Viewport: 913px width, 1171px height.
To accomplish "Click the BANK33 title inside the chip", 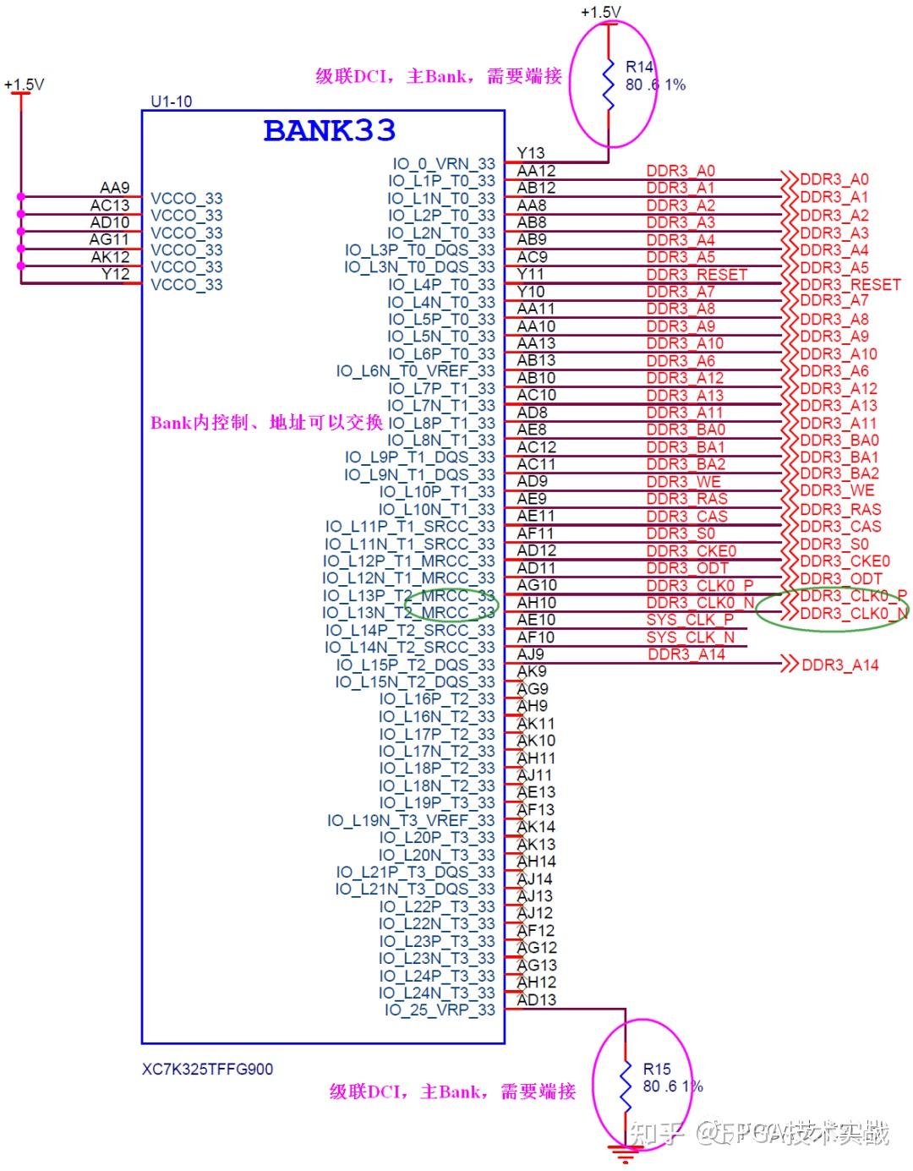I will pyautogui.click(x=329, y=130).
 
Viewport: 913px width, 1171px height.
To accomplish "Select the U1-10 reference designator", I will pyautogui.click(x=171, y=101).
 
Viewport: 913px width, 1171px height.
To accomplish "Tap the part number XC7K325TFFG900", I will pyautogui.click(x=207, y=1069).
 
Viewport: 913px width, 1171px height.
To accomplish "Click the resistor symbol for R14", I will pyautogui.click(x=608, y=84).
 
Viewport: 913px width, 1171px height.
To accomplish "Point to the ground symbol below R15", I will pyautogui.click(x=625, y=1152).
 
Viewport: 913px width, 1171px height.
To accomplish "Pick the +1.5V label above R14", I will pyautogui.click(x=600, y=12).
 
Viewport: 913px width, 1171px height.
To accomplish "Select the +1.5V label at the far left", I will pyautogui.click(x=24, y=85).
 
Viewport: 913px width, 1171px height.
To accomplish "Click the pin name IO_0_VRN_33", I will pyautogui.click(x=444, y=164).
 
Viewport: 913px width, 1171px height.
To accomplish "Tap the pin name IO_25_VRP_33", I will pyautogui.click(x=440, y=1010).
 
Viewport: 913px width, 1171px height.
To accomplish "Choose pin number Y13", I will pyautogui.click(x=531, y=153).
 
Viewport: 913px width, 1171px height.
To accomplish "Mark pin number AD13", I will pyautogui.click(x=537, y=999).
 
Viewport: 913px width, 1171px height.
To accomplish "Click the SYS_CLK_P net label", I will pyautogui.click(x=690, y=620).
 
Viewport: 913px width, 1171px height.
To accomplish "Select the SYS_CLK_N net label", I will pyautogui.click(x=690, y=637).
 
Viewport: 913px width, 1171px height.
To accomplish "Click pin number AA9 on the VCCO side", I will pyautogui.click(x=115, y=188).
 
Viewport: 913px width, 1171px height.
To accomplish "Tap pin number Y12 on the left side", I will pyautogui.click(x=115, y=274).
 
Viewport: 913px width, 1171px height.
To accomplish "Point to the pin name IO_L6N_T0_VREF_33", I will pyautogui.click(x=415, y=371).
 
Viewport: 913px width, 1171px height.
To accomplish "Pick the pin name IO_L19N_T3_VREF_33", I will pyautogui.click(x=411, y=820).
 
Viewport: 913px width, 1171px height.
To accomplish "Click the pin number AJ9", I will pyautogui.click(x=531, y=654).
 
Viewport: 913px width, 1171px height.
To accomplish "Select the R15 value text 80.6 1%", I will pyautogui.click(x=673, y=1086).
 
